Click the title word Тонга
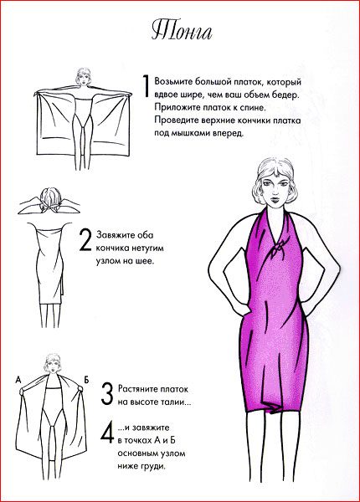click(x=182, y=32)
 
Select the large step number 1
click(x=146, y=86)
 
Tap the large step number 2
click(x=85, y=240)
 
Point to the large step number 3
click(x=107, y=394)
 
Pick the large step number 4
click(x=107, y=433)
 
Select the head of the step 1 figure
click(x=84, y=77)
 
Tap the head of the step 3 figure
click(x=52, y=364)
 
